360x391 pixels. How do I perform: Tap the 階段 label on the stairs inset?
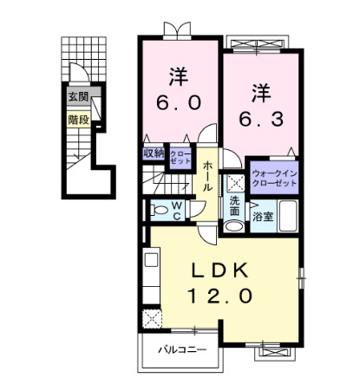tap(79, 120)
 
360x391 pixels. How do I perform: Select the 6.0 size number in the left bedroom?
tap(180, 102)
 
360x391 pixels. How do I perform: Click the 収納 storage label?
tap(154, 154)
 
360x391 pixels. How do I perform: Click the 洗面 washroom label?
tap(235, 206)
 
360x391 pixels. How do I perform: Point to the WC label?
tap(176, 210)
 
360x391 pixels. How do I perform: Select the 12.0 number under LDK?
tap(220, 297)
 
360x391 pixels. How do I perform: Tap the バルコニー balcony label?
tap(182, 350)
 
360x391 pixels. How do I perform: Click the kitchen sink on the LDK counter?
tap(149, 259)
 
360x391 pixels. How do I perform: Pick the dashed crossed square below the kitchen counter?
tap(152, 318)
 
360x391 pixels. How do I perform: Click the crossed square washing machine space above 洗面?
tap(235, 183)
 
